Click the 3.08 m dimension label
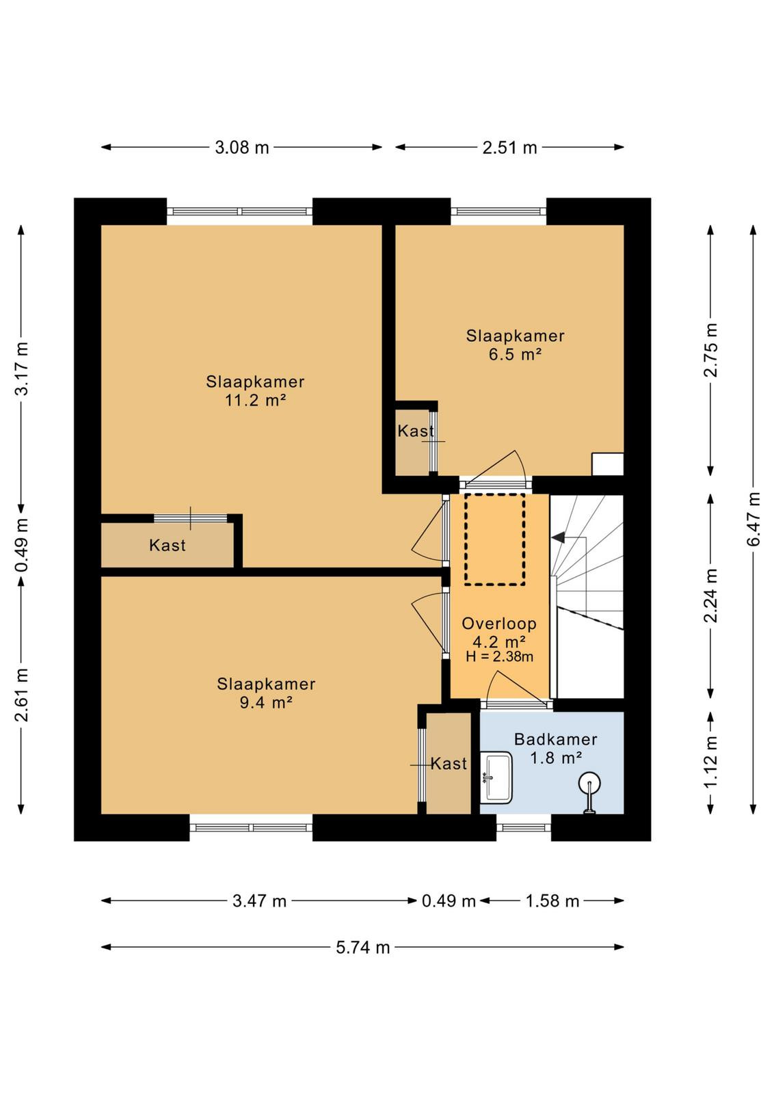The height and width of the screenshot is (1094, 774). tap(242, 147)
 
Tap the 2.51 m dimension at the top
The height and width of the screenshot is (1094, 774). tap(509, 147)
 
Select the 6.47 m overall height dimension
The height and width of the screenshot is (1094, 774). tap(754, 519)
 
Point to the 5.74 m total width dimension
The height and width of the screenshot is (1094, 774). tap(363, 948)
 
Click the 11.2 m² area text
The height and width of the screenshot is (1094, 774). tap(255, 401)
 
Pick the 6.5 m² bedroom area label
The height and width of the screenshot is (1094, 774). tap(515, 354)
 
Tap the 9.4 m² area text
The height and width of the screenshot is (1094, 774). tap(266, 703)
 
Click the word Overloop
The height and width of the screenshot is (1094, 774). tap(499, 624)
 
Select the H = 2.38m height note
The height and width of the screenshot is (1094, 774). tap(499, 656)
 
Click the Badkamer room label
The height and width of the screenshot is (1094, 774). tap(556, 739)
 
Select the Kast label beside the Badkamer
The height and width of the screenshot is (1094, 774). tap(449, 763)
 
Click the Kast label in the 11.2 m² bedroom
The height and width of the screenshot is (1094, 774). tap(168, 545)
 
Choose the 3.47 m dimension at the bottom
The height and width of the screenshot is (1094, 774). tap(259, 901)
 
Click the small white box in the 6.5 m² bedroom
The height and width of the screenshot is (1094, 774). tap(607, 464)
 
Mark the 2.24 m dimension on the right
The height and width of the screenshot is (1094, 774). tap(710, 596)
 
